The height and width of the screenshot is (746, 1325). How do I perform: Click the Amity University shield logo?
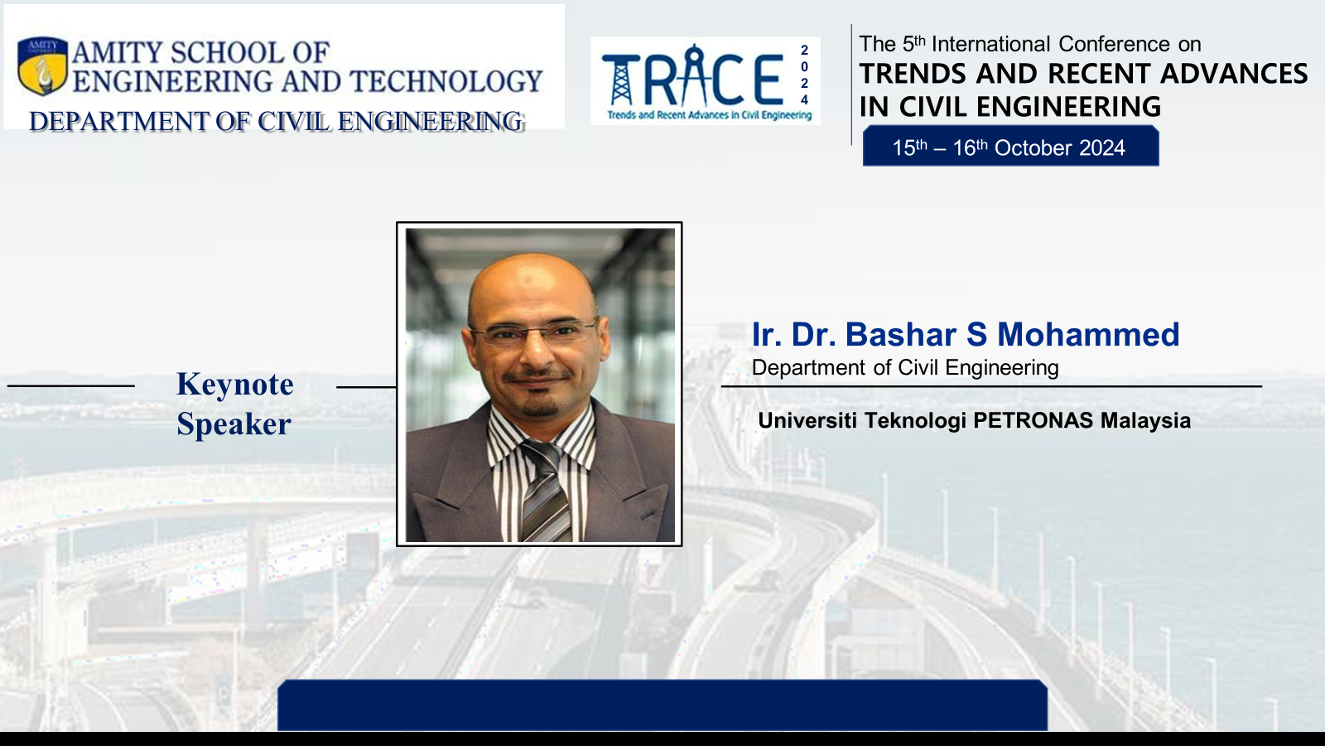tap(42, 65)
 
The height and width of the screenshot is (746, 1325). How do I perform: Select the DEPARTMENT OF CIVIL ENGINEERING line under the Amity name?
tap(277, 121)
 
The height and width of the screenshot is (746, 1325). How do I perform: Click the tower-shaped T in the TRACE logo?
tap(621, 80)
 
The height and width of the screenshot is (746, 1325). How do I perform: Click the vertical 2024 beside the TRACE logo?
tap(804, 75)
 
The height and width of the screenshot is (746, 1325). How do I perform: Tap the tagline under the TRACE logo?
tap(709, 115)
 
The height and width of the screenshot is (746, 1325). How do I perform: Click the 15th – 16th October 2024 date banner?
tap(1010, 146)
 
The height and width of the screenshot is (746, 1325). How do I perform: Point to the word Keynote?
tap(235, 384)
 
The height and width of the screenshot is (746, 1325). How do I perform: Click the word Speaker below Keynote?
tap(234, 424)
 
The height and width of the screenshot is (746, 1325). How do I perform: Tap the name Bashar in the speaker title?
tap(916, 334)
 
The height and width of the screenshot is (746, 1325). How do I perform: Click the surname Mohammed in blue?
tap(1088, 334)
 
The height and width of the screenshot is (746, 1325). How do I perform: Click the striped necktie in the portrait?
tap(546, 492)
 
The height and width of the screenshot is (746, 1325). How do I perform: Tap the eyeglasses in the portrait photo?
tap(535, 332)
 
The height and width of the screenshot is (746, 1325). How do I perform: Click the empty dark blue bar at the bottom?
tap(662, 705)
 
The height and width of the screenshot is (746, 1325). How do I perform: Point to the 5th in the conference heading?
tap(913, 44)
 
